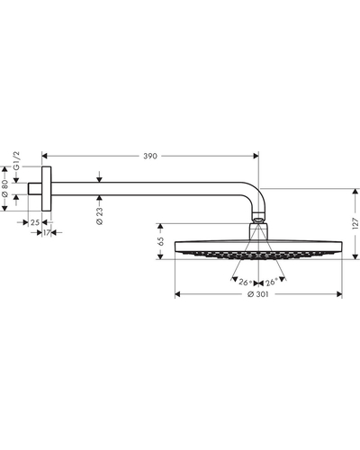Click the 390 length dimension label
pyautogui.click(x=150, y=156)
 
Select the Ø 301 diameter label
pyautogui.click(x=258, y=294)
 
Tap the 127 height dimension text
pyautogui.click(x=355, y=223)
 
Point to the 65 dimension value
pyautogui.click(x=160, y=241)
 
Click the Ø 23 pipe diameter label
pyautogui.click(x=100, y=216)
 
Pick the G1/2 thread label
pyautogui.click(x=17, y=161)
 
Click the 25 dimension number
pyautogui.click(x=35, y=222)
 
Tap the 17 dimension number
pyautogui.click(x=47, y=232)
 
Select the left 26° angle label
pyautogui.click(x=245, y=283)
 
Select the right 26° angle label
pyautogui.click(x=271, y=283)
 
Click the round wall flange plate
pyautogui.click(x=47, y=189)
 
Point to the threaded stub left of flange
pyautogui.click(x=35, y=189)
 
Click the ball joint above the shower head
pyautogui.click(x=258, y=218)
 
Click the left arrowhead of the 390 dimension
pyautogui.click(x=45, y=156)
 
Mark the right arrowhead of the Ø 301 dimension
pyautogui.click(x=339, y=294)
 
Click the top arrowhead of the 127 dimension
pyautogui.click(x=355, y=192)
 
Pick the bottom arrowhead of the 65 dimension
pyautogui.click(x=160, y=256)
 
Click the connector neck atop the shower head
pyautogui.click(x=258, y=231)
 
